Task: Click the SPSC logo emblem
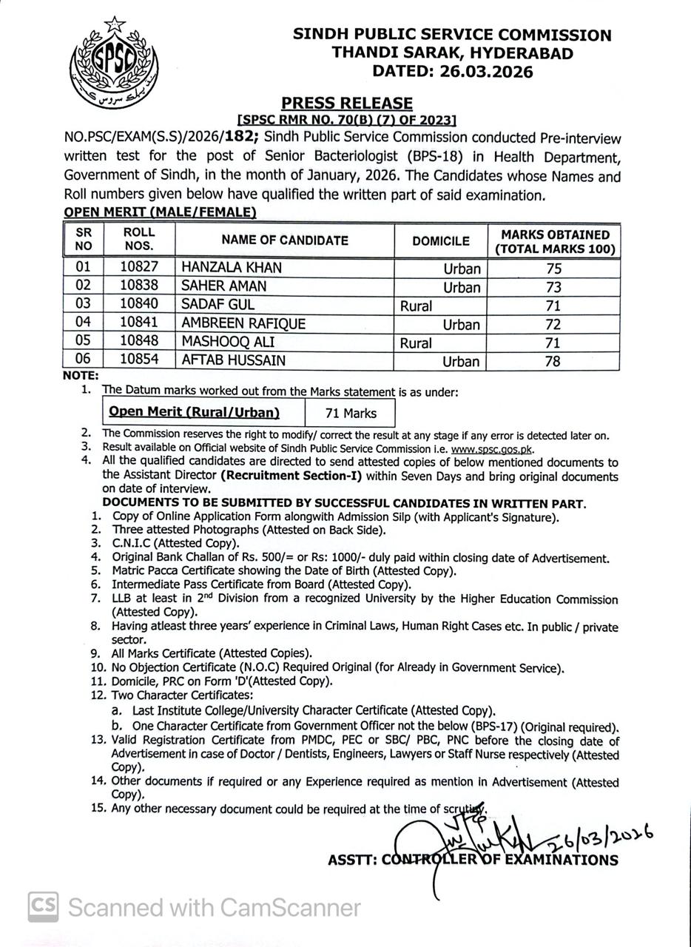tap(114, 63)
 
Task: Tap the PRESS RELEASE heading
tap(346, 104)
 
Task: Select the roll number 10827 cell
tap(139, 268)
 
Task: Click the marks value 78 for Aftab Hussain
tap(552, 362)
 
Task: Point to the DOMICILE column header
tap(441, 241)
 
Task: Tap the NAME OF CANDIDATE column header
tap(285, 240)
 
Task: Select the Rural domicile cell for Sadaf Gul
tap(416, 306)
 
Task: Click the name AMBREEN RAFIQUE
tap(243, 324)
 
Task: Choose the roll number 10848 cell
tap(139, 343)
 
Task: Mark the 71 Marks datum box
tap(351, 414)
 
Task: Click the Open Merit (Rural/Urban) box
tap(194, 413)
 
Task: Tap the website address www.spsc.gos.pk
tap(491, 448)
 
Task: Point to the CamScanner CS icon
tap(44, 907)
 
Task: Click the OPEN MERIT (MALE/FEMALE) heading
tap(160, 213)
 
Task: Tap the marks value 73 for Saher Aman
tap(552, 287)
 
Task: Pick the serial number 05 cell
tap(84, 343)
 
